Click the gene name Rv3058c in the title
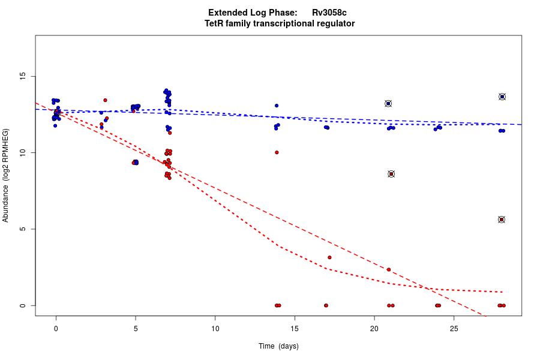point(329,13)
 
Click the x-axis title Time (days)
point(278,346)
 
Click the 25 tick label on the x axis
point(454,329)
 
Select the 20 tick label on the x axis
point(374,329)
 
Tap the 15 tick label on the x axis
point(295,329)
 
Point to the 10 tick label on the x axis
point(215,329)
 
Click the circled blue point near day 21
point(388,103)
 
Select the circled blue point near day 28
point(502,97)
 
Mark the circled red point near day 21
point(391,174)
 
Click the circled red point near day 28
point(502,220)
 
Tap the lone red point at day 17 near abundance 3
point(329,257)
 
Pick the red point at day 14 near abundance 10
point(277,152)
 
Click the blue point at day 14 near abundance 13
point(277,106)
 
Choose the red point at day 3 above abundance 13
point(105,100)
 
